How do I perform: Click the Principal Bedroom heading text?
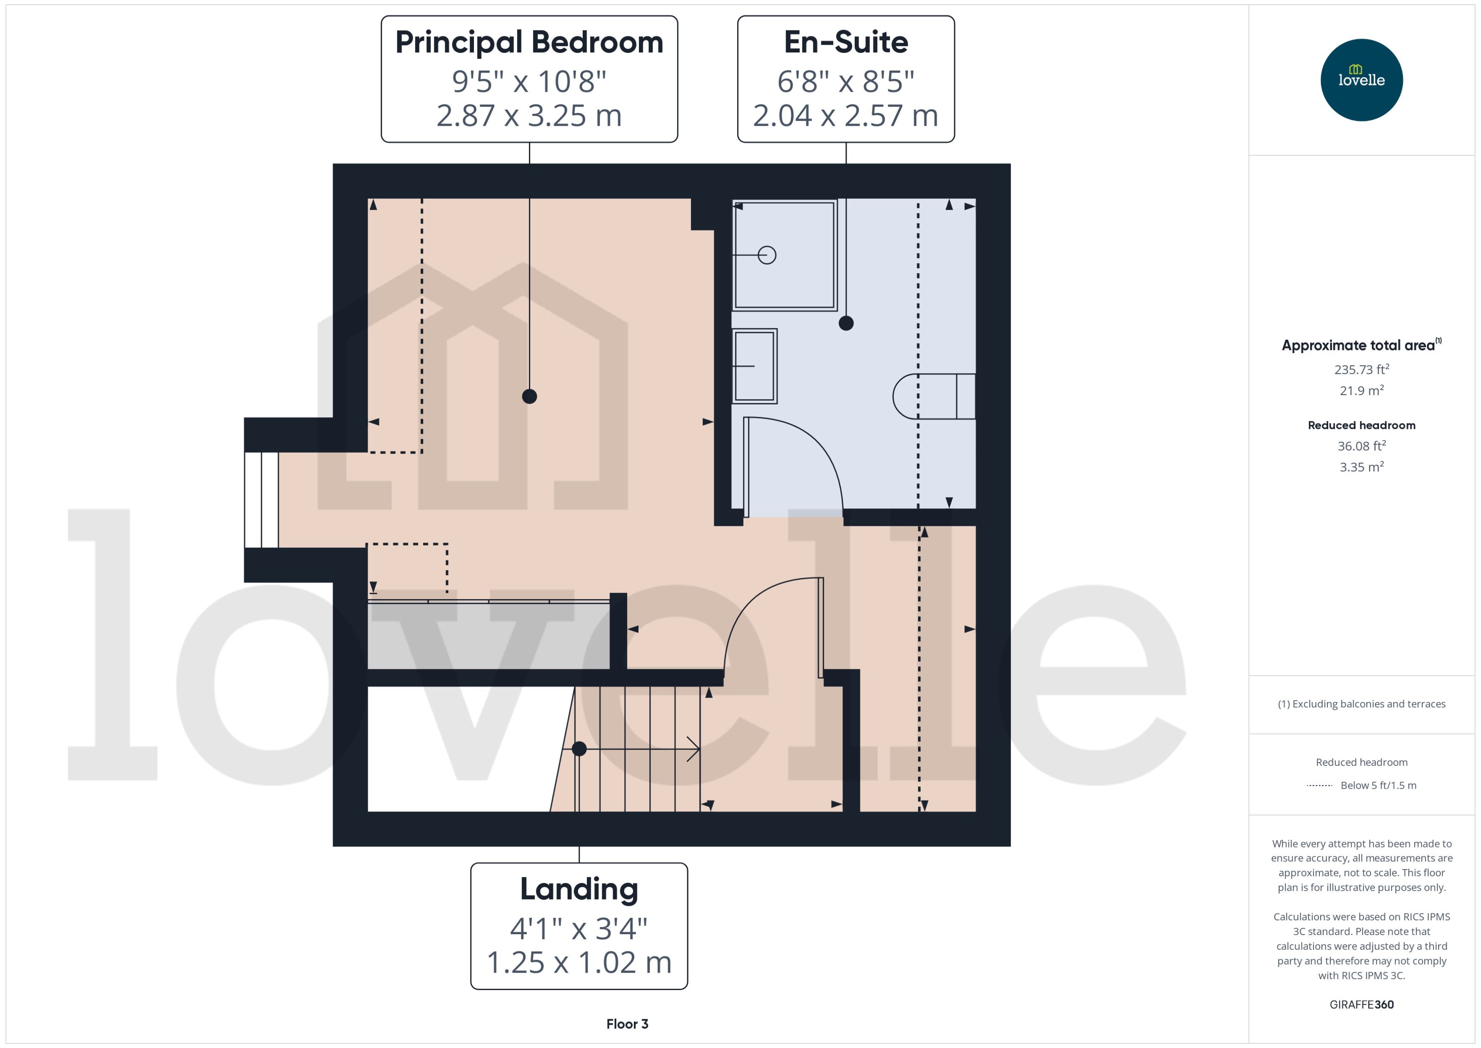[x=529, y=43]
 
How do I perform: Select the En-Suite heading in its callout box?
[x=845, y=43]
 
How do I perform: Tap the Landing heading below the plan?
[x=579, y=889]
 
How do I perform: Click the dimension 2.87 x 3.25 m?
[x=529, y=116]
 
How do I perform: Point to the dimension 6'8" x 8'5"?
[x=845, y=82]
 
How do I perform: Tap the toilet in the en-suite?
[x=933, y=396]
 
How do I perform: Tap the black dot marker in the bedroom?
[x=529, y=396]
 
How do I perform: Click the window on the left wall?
[x=262, y=500]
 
